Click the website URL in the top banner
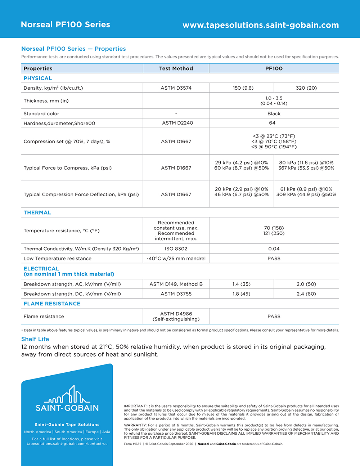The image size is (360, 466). tap(261, 25)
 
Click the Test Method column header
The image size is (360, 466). tap(176, 68)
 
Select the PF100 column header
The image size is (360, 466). tap(274, 68)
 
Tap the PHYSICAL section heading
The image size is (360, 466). tap(38, 78)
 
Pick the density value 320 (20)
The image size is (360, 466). tap(306, 88)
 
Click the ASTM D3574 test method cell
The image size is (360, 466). tap(176, 88)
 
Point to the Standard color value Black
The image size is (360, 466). tap(274, 113)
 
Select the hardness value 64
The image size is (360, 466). tap(272, 123)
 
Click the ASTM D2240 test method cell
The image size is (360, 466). tap(177, 123)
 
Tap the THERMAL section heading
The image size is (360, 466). tap(37, 212)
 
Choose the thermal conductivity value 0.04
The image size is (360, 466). tap(274, 248)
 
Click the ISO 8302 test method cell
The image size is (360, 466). tap(176, 248)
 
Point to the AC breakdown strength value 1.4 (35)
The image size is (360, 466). tap(241, 284)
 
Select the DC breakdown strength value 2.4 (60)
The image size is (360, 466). tap(306, 294)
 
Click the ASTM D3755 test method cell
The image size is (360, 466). tap(176, 294)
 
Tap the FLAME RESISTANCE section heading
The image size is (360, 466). tap(52, 304)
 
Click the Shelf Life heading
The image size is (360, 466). tap(35, 339)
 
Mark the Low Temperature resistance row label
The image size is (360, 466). tap(58, 258)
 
